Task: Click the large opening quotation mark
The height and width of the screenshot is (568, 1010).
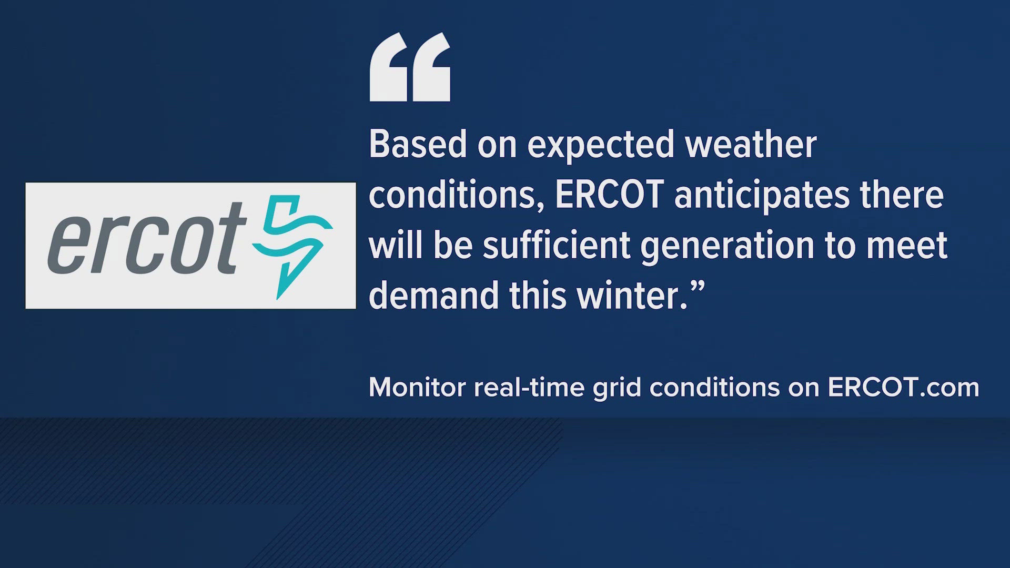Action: click(x=410, y=67)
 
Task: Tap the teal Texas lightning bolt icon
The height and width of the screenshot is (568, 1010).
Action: click(x=292, y=247)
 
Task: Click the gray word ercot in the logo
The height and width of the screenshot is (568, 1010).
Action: click(x=147, y=238)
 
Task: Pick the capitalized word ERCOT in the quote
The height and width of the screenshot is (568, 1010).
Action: click(x=609, y=194)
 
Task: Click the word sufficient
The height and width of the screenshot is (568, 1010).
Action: click(x=557, y=245)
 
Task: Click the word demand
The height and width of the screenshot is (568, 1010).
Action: click(x=434, y=295)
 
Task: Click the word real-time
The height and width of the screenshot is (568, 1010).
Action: click(x=529, y=388)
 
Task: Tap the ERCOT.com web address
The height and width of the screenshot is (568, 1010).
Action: click(x=903, y=388)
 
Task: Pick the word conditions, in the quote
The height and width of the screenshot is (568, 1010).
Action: click(x=457, y=195)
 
